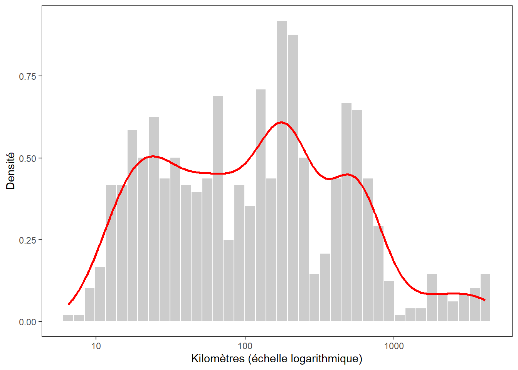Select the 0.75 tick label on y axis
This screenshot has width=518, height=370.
[x=27, y=76]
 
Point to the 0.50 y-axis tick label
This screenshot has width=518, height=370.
[x=27, y=158]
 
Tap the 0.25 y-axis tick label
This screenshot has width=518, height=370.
[x=27, y=240]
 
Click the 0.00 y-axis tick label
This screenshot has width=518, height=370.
[x=27, y=322]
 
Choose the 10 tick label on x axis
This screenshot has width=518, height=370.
[x=96, y=346]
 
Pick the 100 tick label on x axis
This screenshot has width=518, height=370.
[x=245, y=346]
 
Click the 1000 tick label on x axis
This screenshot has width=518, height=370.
[x=394, y=346]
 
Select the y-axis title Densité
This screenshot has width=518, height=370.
[x=11, y=171]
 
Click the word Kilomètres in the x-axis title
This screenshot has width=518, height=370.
[x=218, y=359]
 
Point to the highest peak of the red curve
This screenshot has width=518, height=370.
[x=281, y=122]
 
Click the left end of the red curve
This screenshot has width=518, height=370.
[x=69, y=304]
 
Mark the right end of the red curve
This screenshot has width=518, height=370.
[x=485, y=300]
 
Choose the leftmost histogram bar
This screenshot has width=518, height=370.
[x=68, y=318]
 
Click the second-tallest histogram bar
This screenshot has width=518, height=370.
[x=293, y=177]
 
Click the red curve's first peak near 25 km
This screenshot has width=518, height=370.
[x=153, y=156]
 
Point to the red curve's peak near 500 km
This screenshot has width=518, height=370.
[x=348, y=174]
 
